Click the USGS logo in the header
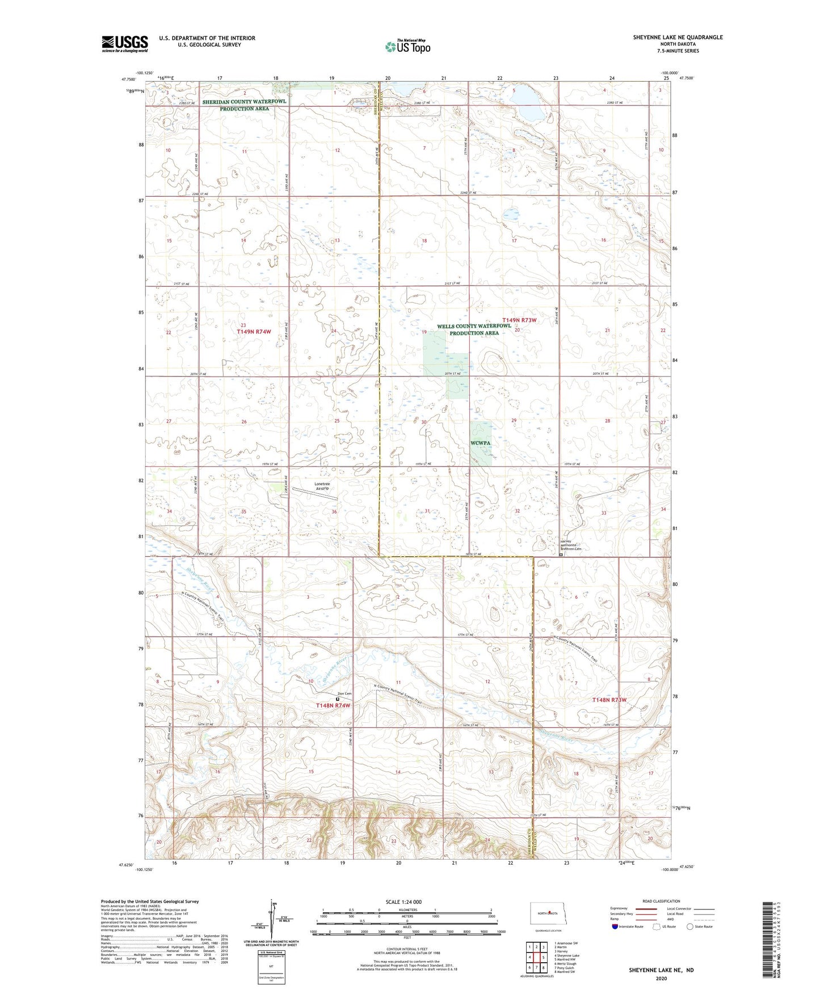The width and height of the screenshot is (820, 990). click(124, 44)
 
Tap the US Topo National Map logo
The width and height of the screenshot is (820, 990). click(407, 46)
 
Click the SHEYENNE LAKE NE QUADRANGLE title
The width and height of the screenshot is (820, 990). click(678, 37)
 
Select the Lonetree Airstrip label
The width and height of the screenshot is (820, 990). click(321, 486)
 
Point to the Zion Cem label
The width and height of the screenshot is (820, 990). click(344, 694)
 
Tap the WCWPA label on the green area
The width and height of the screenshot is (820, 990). click(480, 443)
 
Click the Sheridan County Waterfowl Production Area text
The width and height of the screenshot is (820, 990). click(245, 104)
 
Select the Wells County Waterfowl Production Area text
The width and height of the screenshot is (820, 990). click(474, 329)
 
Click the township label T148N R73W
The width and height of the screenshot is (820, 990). click(609, 700)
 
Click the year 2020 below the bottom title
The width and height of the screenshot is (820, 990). click(661, 978)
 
